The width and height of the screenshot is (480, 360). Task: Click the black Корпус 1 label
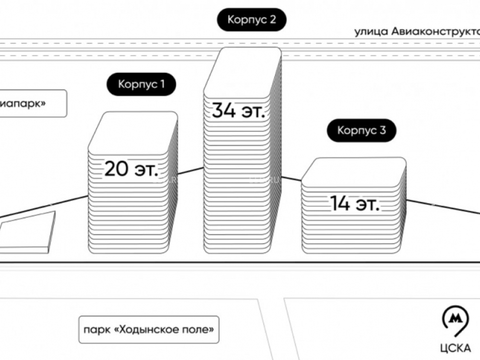point(141,85)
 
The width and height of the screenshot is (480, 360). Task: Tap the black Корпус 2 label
point(252,20)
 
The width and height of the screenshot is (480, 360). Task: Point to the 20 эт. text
point(131,169)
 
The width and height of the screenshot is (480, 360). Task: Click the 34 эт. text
point(238,111)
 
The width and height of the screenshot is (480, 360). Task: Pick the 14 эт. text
point(354,204)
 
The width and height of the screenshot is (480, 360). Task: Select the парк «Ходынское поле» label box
point(148,330)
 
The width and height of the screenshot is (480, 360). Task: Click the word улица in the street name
point(371,32)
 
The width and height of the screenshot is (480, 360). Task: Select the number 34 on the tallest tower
point(224,111)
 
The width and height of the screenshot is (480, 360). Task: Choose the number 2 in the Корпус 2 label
point(273,20)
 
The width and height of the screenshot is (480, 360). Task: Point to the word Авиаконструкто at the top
point(435,32)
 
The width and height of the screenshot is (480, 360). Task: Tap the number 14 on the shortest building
point(340,204)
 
